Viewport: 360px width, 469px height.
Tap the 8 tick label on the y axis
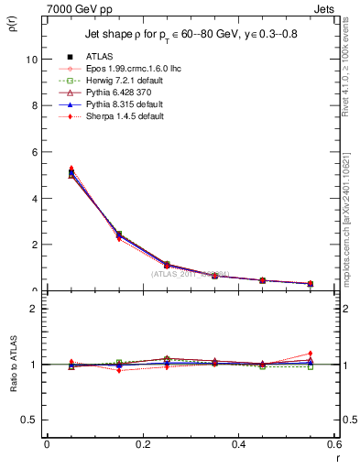pos(35,105)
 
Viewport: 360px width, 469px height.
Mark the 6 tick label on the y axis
pos(35,152)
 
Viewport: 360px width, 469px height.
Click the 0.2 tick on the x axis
pos(142,444)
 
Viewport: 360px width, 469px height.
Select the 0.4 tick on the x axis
pos(238,444)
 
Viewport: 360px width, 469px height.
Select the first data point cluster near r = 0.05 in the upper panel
pos(71,171)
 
